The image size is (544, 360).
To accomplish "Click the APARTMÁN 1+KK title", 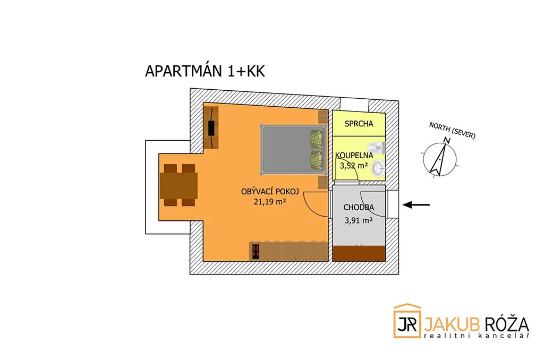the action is tap(205, 71).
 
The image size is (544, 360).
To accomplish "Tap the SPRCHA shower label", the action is tap(359, 124).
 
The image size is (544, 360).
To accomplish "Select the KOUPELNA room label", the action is tap(354, 156).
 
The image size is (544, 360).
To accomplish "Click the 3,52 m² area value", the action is tap(354, 166).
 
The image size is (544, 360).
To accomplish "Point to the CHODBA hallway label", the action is tap(359, 208).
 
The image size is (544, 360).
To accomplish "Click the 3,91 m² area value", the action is tap(359, 220).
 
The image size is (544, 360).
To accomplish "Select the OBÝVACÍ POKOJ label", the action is tap(270, 192).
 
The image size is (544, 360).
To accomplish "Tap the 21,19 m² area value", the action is tap(270, 201).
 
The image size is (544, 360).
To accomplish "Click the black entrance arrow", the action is tap(416, 205).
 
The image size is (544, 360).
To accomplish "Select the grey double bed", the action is tap(293, 150).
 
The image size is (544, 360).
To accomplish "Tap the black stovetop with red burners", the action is tap(256, 252).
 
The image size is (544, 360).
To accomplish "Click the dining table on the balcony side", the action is tap(179, 185).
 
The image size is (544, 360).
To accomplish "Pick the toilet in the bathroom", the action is tap(378, 147).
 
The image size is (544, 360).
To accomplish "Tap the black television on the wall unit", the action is tap(211, 127).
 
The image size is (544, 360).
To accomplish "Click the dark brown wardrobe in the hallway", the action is tap(359, 253).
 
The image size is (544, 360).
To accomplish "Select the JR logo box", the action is tap(407, 321).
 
